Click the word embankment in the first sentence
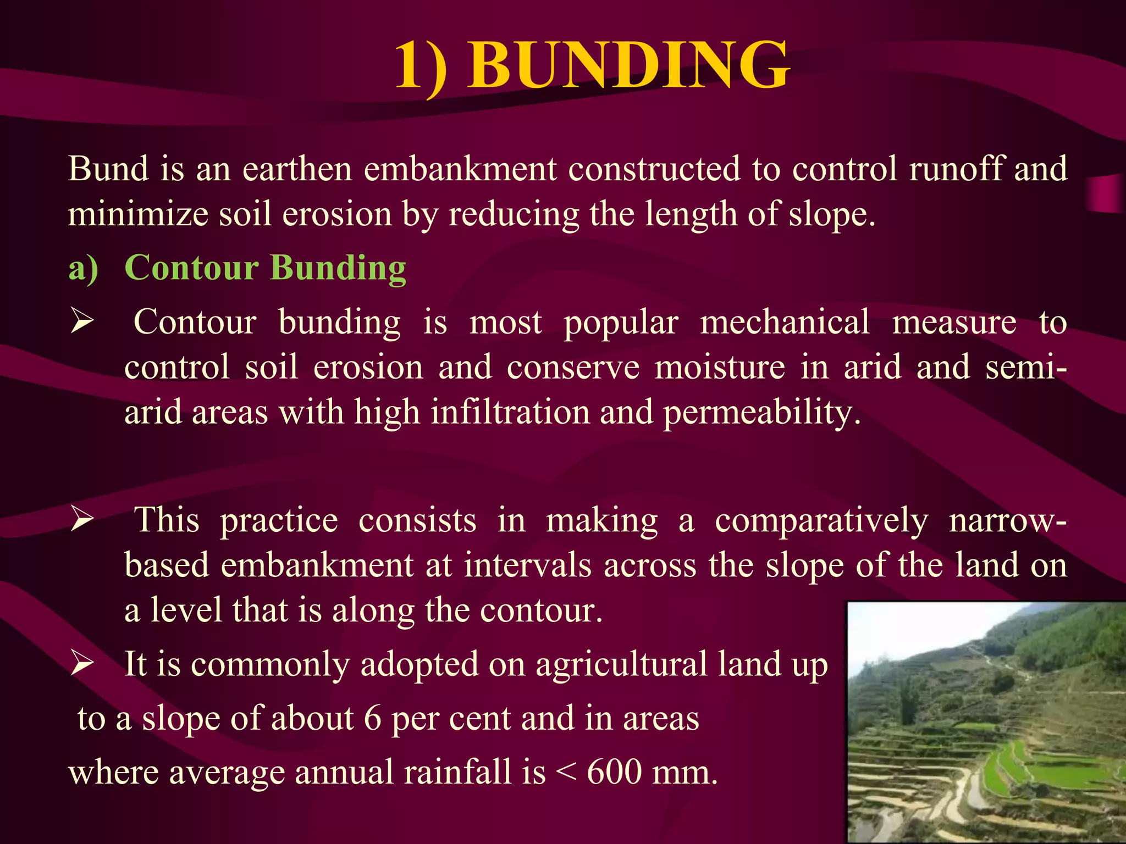(460, 169)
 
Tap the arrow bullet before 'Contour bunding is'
(82, 321)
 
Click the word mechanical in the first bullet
(785, 322)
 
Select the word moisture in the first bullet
(720, 367)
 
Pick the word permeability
(761, 413)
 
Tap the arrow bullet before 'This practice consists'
(82, 520)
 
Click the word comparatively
(821, 520)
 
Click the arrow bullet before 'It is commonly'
(82, 664)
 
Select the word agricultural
(621, 664)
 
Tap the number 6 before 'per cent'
(372, 718)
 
